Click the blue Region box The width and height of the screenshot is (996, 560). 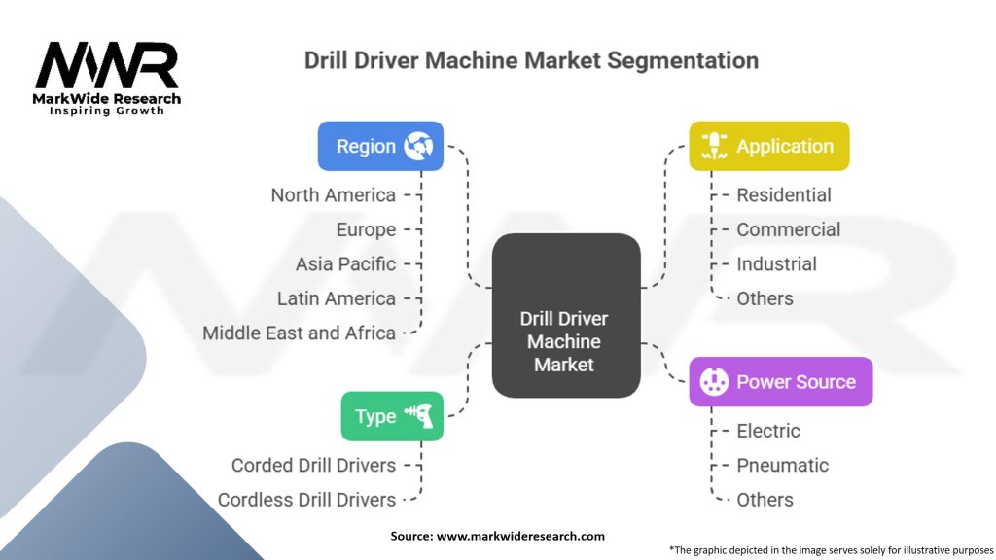(x=380, y=146)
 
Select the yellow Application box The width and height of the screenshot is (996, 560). (x=768, y=146)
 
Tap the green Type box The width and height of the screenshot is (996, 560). (x=392, y=416)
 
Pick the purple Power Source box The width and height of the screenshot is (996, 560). (x=780, y=381)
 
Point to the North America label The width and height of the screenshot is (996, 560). (x=334, y=194)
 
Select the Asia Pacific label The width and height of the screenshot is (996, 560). (x=345, y=263)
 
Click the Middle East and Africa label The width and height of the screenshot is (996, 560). (x=299, y=332)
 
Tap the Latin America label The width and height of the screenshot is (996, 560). (x=336, y=298)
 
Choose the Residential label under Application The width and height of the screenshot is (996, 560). (x=784, y=194)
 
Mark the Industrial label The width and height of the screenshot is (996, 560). (x=776, y=263)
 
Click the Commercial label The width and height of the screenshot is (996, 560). (x=788, y=229)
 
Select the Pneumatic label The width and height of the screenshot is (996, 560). (x=782, y=465)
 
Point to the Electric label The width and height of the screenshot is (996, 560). (x=768, y=431)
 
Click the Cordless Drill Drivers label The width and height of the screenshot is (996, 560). (x=306, y=500)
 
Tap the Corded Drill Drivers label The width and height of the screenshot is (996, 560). (x=313, y=465)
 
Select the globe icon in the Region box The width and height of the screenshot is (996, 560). (x=422, y=146)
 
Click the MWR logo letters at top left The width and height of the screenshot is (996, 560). (x=106, y=66)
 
